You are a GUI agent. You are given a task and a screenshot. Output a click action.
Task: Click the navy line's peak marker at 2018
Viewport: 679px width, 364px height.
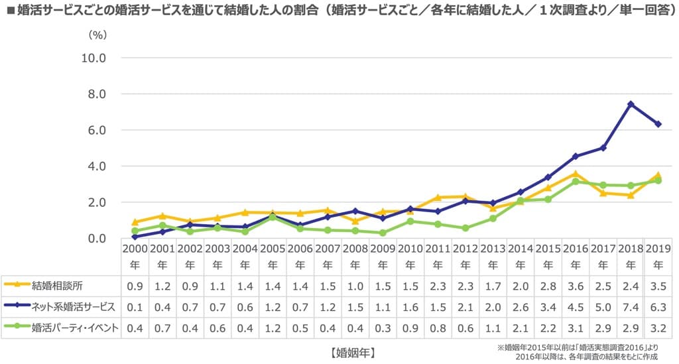[x=631, y=104]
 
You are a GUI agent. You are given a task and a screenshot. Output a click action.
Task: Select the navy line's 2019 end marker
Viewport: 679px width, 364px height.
[x=658, y=124]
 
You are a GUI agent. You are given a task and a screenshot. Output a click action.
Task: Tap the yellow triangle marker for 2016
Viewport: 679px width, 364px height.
[x=576, y=174]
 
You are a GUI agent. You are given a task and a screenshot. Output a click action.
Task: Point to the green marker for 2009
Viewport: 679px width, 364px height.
[x=383, y=233]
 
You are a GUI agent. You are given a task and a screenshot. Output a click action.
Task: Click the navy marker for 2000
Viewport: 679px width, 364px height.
[x=135, y=236]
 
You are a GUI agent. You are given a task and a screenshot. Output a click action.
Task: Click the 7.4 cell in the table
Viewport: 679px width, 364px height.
[x=630, y=307]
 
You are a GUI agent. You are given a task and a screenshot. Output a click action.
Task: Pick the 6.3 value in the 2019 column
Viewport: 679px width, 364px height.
[x=658, y=307]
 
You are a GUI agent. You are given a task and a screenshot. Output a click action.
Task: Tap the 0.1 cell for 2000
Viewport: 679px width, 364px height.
[x=135, y=307]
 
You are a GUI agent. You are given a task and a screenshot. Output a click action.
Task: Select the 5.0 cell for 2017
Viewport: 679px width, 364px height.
[x=603, y=307]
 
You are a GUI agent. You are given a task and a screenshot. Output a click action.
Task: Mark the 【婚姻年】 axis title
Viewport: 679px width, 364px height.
[x=356, y=351]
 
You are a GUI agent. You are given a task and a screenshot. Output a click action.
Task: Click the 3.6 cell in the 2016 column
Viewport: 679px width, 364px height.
[x=575, y=286]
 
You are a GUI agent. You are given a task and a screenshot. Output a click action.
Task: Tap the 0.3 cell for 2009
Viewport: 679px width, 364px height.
[x=383, y=328]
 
